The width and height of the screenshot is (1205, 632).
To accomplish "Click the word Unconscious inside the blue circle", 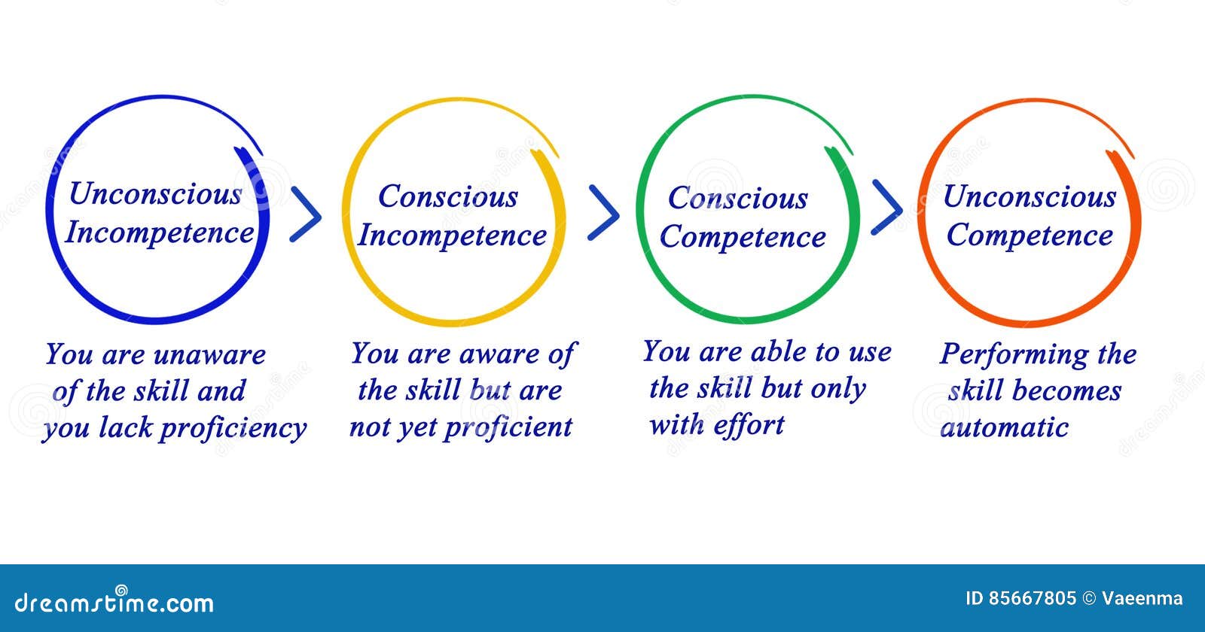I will tap(154, 194).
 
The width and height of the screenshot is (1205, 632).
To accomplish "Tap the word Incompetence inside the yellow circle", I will tap(451, 235).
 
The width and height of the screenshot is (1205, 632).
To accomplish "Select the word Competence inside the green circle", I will tap(743, 238).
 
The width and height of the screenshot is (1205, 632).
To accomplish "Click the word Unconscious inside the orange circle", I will tap(1029, 197).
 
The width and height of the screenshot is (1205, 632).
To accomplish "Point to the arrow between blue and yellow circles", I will tap(305, 215).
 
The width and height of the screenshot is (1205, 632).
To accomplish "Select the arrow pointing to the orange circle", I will tap(886, 207).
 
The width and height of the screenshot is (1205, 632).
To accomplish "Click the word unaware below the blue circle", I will tap(209, 354).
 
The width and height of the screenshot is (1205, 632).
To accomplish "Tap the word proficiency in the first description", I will tap(233, 428).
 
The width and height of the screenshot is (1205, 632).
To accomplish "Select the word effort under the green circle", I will tap(749, 425).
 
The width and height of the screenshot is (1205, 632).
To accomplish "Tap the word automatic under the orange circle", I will tap(1005, 427).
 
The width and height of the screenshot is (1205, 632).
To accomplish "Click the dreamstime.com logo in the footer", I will tap(114, 601).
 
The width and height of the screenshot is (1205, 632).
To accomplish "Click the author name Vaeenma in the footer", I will tap(1142, 599).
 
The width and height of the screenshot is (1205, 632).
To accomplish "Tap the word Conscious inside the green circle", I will tap(737, 199).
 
